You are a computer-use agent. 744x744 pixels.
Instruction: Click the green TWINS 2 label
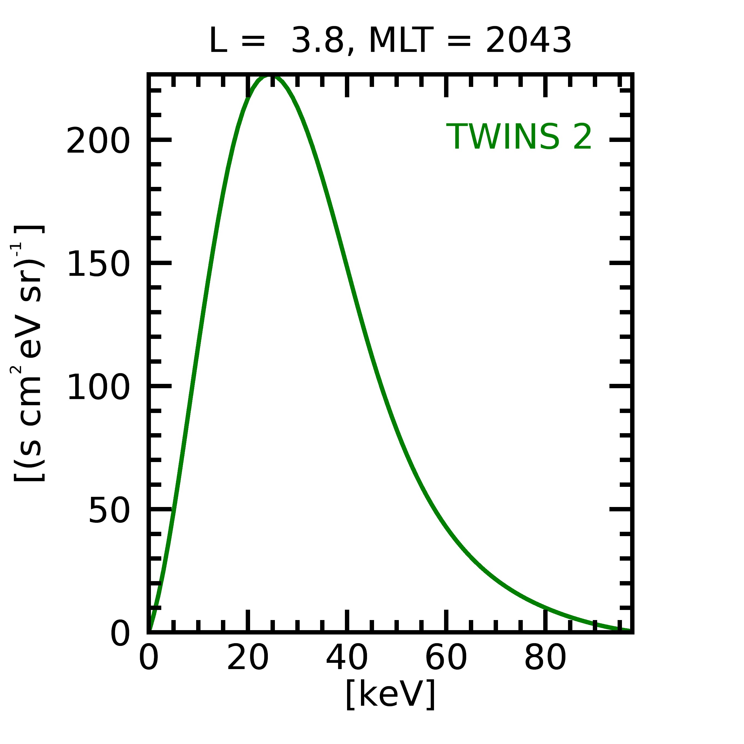(519, 137)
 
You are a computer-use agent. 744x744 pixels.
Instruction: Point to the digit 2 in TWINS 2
(582, 137)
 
